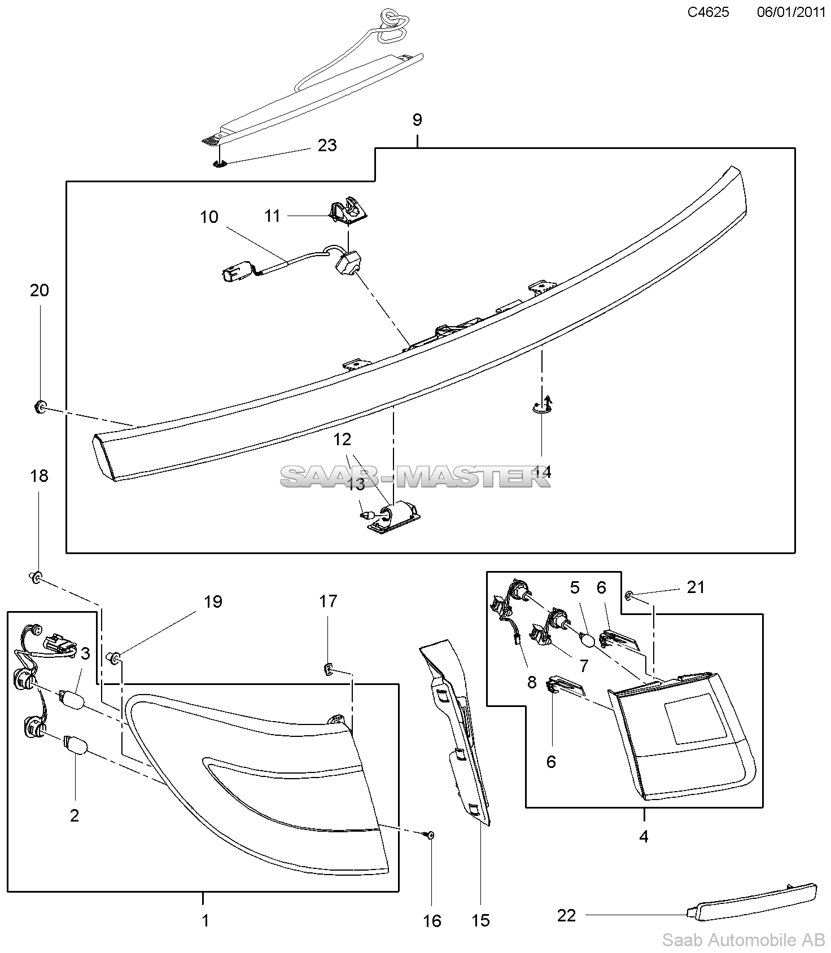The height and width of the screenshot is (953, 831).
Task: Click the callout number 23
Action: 327,146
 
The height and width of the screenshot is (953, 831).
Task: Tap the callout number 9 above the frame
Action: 417,120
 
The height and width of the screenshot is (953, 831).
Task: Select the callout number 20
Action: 40,291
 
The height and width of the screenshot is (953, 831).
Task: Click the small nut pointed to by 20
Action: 40,405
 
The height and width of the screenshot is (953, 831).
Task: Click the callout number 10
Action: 209,217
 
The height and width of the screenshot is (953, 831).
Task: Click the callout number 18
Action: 40,476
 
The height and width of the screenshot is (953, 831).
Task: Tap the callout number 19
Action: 213,601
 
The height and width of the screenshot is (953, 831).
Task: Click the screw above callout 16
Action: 429,835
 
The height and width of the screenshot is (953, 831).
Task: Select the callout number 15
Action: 480,921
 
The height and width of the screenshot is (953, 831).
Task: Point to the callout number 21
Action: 696,587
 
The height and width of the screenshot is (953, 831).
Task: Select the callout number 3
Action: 85,654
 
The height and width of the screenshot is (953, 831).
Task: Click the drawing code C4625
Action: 708,12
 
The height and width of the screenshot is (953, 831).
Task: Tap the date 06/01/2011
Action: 791,12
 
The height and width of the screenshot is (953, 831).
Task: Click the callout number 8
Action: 531,682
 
